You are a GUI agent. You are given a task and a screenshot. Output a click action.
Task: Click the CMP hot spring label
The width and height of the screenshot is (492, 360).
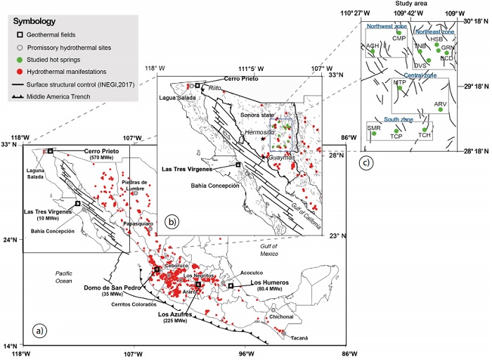399,39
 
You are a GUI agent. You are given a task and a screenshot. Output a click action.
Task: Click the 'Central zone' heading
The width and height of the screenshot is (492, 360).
420,75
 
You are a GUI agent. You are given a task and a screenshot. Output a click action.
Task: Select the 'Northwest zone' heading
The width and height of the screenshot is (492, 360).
386,25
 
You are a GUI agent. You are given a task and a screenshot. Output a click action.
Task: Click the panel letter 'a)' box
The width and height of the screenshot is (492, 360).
40,331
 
